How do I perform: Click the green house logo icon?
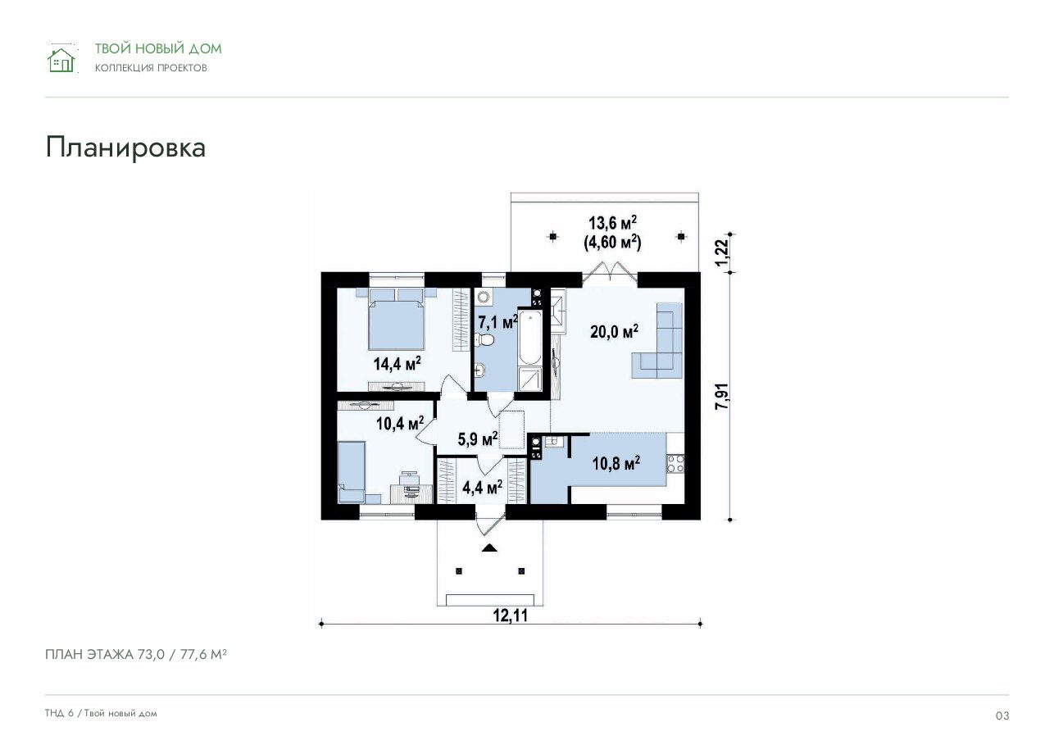61,60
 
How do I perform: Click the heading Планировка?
125,148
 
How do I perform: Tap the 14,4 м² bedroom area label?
398,363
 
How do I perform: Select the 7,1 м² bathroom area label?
497,322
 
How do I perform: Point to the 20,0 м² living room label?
614,331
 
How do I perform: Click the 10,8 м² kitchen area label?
616,463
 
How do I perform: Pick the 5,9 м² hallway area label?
478,438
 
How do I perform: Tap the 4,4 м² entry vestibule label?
482,487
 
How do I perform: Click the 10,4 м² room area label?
400,423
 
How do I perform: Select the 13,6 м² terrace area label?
612,223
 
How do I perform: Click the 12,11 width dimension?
510,616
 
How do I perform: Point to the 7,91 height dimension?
722,396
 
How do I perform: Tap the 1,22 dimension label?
722,252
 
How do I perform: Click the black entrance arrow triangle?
489,547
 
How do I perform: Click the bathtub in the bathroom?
529,338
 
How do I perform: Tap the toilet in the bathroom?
484,339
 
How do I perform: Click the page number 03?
1002,715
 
